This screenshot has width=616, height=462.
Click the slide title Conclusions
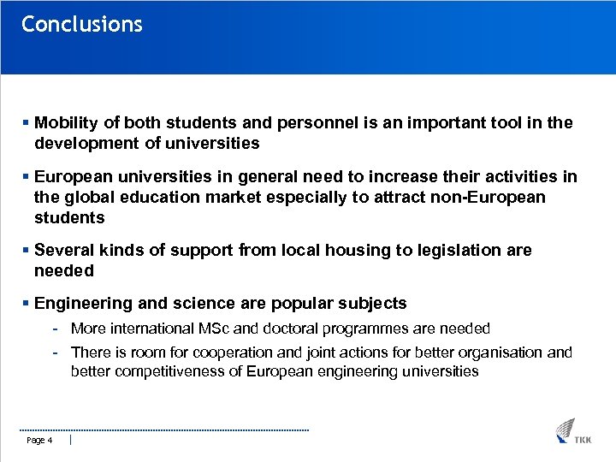(x=82, y=24)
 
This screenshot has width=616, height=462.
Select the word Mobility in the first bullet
(x=67, y=123)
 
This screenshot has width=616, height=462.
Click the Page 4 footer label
(x=40, y=441)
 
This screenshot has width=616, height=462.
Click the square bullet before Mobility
(x=27, y=123)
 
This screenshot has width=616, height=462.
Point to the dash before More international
(x=55, y=329)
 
